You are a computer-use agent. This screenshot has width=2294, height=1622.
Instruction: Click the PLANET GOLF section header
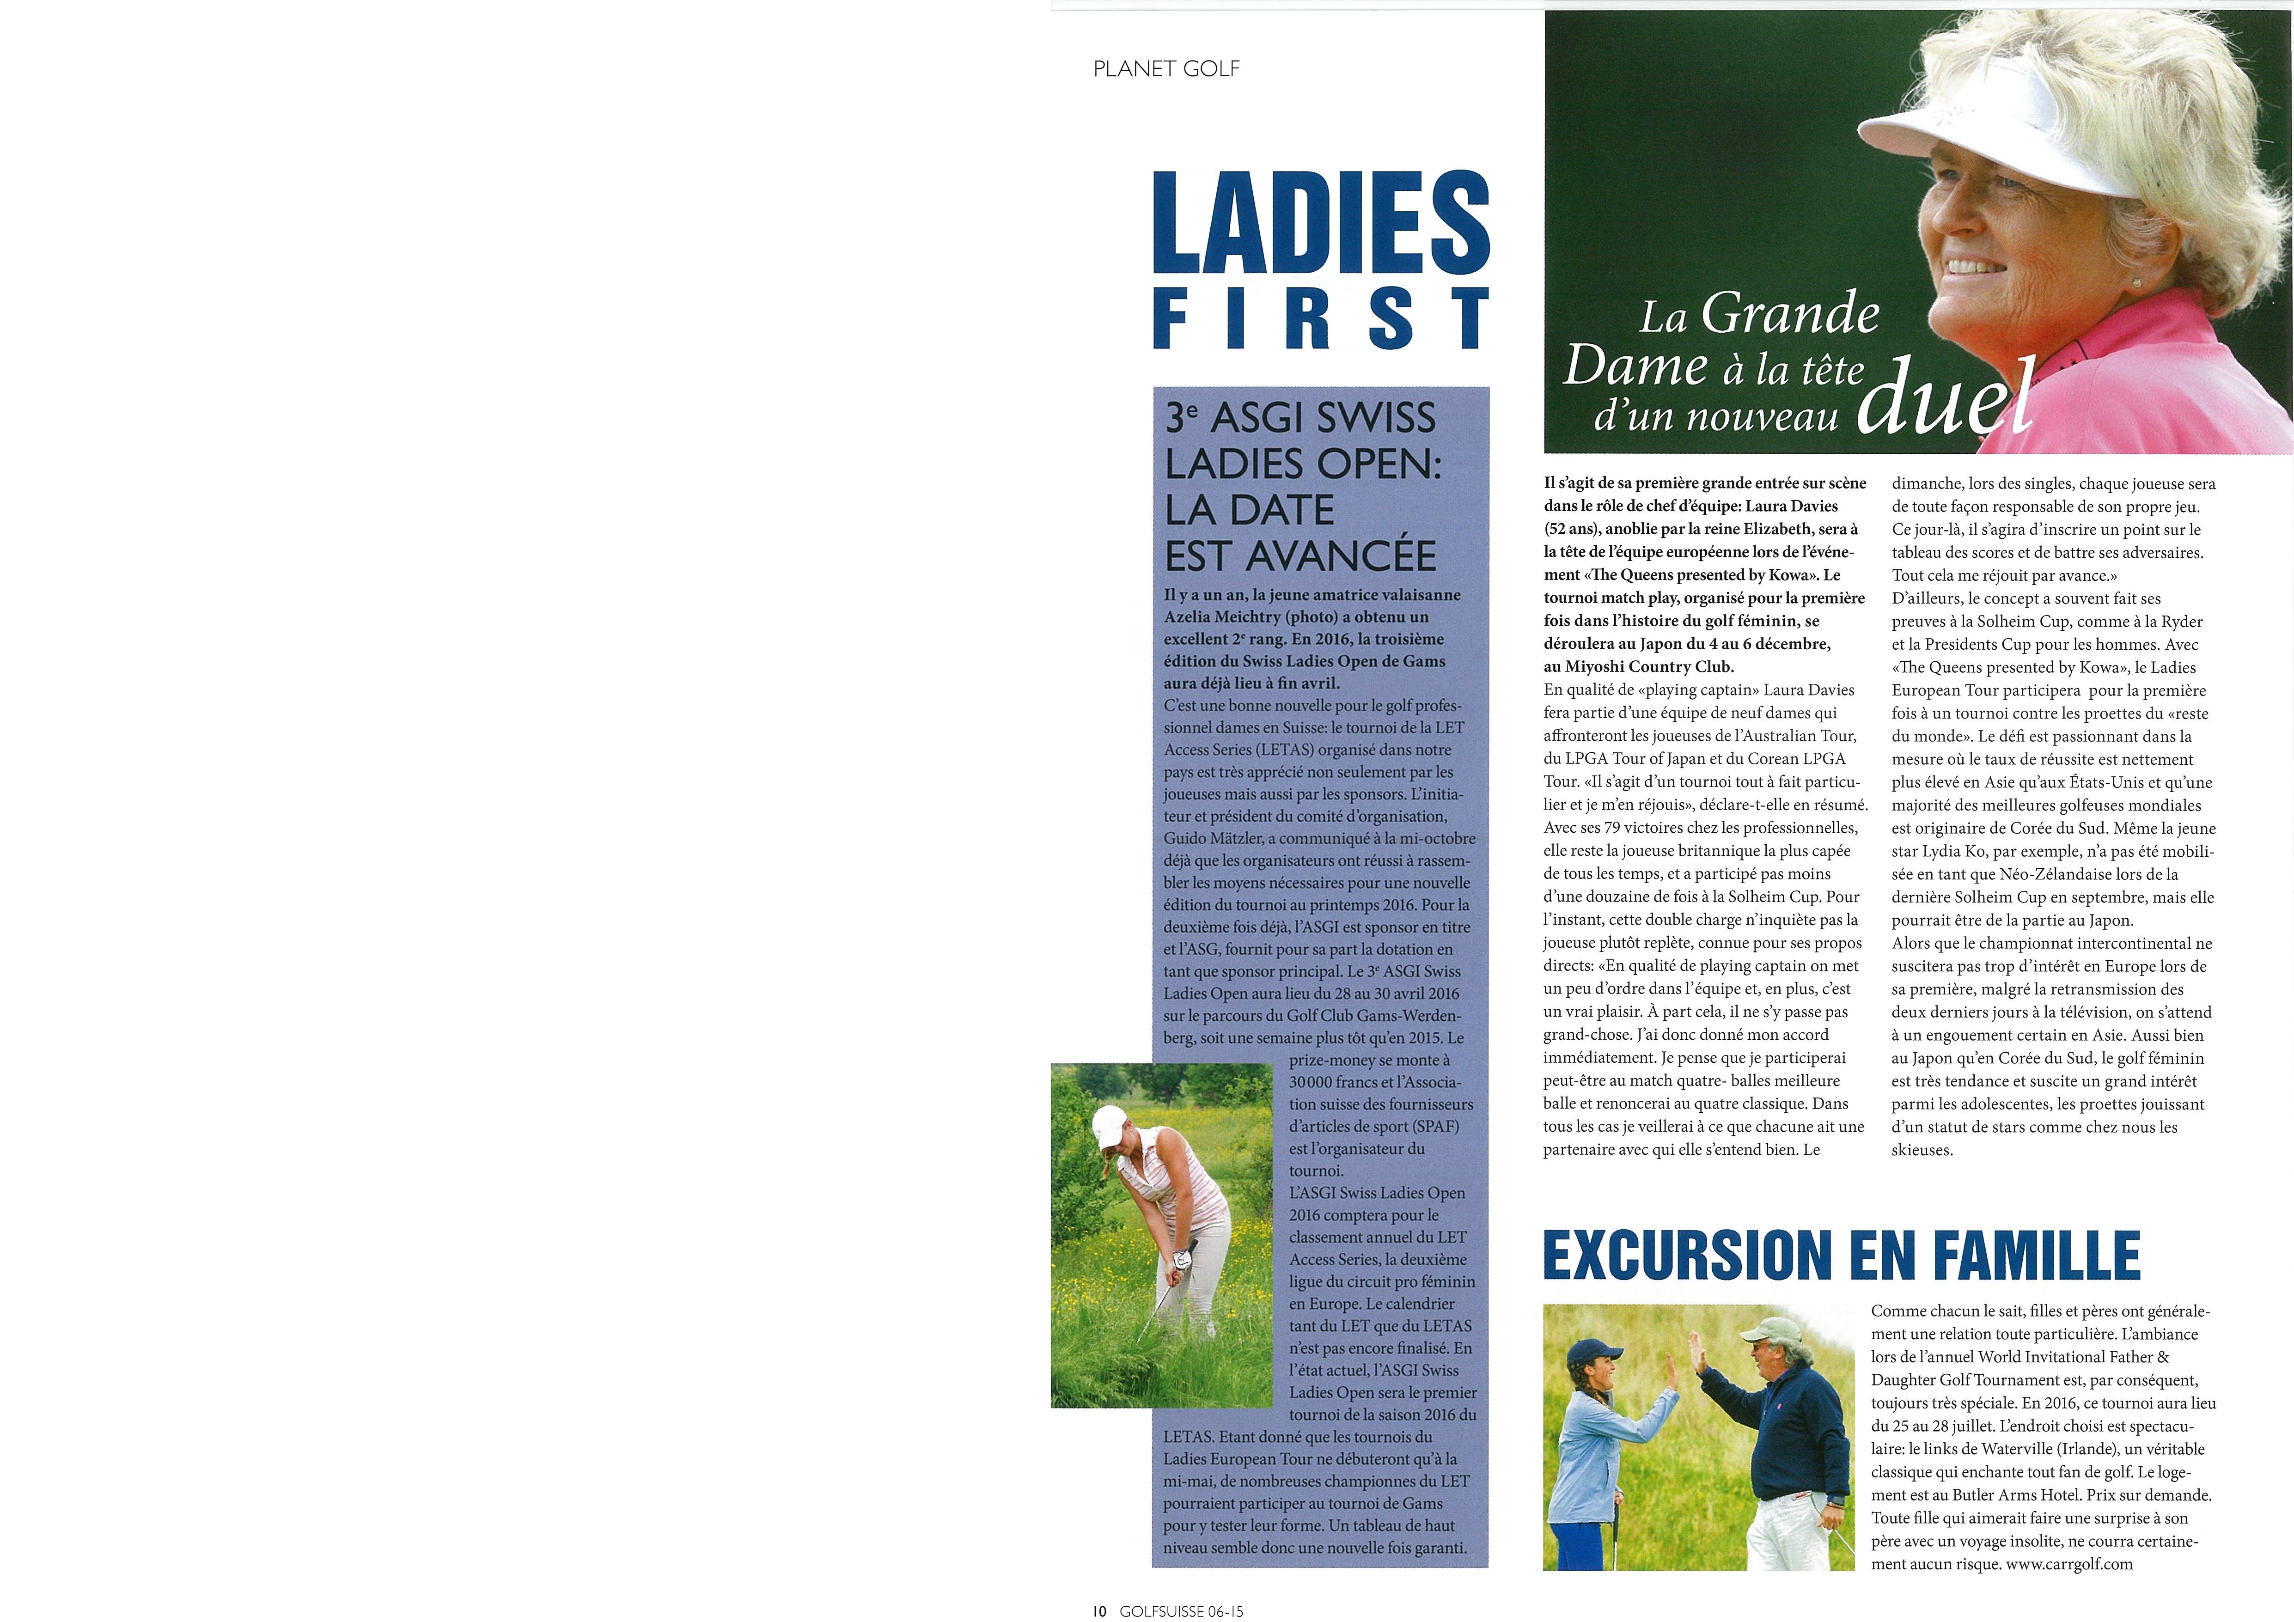1166,69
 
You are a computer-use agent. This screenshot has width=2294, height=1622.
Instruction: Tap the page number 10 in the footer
1099,1610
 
